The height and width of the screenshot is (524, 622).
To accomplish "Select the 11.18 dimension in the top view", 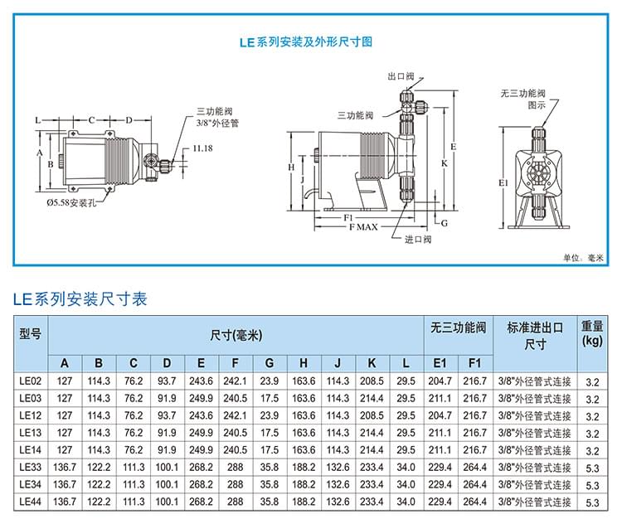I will point(202,148).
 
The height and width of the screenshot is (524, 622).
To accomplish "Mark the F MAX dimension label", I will point(362,226).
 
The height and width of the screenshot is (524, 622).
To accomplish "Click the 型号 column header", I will point(30,334).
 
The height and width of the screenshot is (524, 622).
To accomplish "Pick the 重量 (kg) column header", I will point(591,333).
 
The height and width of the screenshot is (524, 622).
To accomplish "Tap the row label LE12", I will point(30,415).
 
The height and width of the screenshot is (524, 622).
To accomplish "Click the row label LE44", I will point(30,502).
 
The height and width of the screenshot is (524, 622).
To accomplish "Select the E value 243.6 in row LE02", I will point(202,381).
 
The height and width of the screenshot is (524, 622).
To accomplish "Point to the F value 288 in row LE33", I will point(236,468).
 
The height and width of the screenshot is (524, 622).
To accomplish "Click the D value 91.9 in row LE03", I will point(168,398).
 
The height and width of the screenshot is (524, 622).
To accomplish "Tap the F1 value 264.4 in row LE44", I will point(474,502).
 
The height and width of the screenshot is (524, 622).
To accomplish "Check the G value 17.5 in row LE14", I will point(270,450).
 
